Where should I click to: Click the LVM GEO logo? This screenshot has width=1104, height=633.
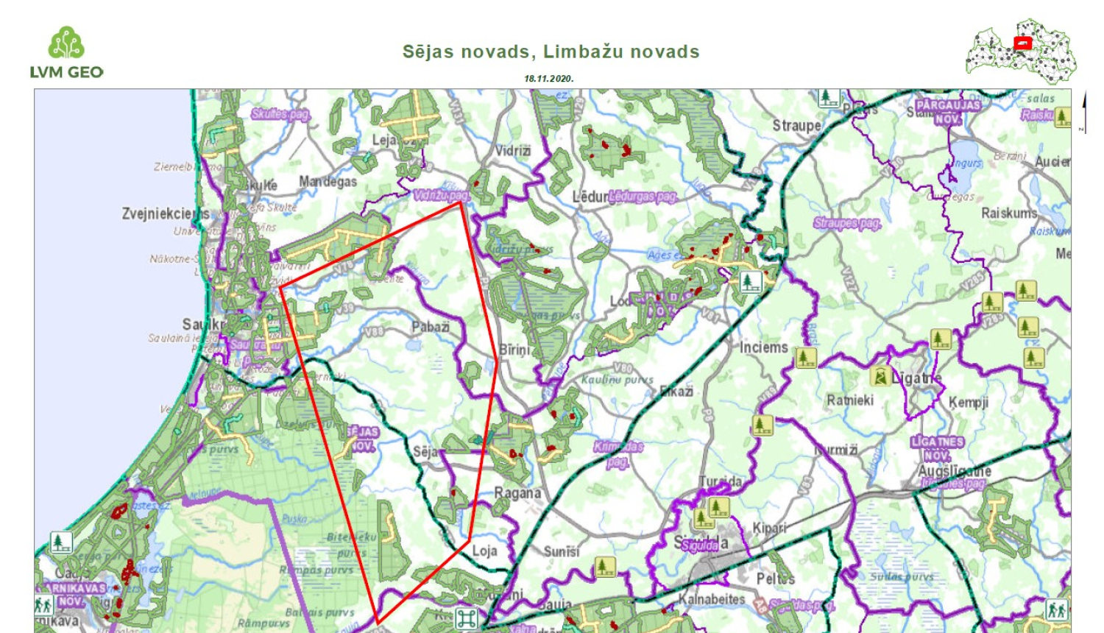(x=66, y=53)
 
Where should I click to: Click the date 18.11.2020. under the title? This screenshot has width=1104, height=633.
(x=548, y=78)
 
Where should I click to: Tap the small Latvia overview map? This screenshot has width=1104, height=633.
(x=1021, y=51)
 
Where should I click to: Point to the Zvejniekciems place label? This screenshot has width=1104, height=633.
(x=165, y=213)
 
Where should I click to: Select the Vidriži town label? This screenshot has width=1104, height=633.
(x=512, y=150)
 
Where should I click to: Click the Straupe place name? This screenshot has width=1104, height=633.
(x=796, y=125)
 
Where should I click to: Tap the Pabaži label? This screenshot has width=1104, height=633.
(x=431, y=326)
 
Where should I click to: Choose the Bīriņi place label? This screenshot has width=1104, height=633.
(x=514, y=350)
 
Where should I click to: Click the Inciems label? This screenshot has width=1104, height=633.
(x=763, y=347)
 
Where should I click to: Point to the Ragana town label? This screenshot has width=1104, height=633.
(x=517, y=492)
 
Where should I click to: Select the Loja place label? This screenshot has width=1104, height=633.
(x=484, y=551)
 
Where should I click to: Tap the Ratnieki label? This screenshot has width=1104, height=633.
(x=850, y=400)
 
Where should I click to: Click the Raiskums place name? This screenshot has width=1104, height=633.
(x=1009, y=213)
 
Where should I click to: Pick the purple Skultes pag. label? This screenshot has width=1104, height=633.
(x=280, y=114)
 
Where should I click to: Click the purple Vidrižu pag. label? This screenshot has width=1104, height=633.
(x=441, y=195)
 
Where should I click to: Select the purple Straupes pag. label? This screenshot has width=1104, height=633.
(x=846, y=223)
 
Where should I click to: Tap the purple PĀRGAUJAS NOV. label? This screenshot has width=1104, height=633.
(x=948, y=112)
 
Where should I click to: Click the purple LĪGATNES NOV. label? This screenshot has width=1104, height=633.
(x=937, y=448)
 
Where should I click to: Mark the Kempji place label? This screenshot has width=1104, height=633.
(x=969, y=402)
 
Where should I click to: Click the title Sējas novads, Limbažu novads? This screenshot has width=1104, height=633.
(x=551, y=52)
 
